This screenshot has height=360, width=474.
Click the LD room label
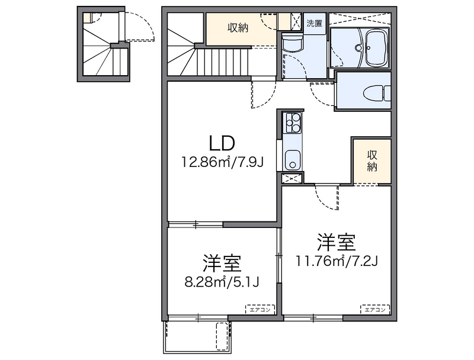coord(222,143)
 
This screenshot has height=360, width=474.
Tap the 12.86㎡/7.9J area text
coord(222,162)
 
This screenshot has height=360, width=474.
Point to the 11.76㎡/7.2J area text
coord(336,261)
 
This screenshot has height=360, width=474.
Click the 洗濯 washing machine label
coord(315,23)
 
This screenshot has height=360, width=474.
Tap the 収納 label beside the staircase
coord(238,28)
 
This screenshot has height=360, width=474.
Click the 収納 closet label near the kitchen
coord(372,160)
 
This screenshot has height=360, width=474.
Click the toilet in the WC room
coord(376,94)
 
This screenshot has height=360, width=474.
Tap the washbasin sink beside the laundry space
coord(292,42)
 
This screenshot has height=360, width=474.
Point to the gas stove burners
coord(292,122)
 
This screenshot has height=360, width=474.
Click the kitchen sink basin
coord(292,160)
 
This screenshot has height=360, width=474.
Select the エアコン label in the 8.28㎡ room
coord(260,310)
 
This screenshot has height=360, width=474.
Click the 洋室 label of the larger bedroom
coord(336,243)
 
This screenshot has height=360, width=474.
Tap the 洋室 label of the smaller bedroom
coord(222,263)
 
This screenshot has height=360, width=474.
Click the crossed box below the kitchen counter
coord(292,178)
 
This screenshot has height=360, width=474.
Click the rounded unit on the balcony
coord(223,336)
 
